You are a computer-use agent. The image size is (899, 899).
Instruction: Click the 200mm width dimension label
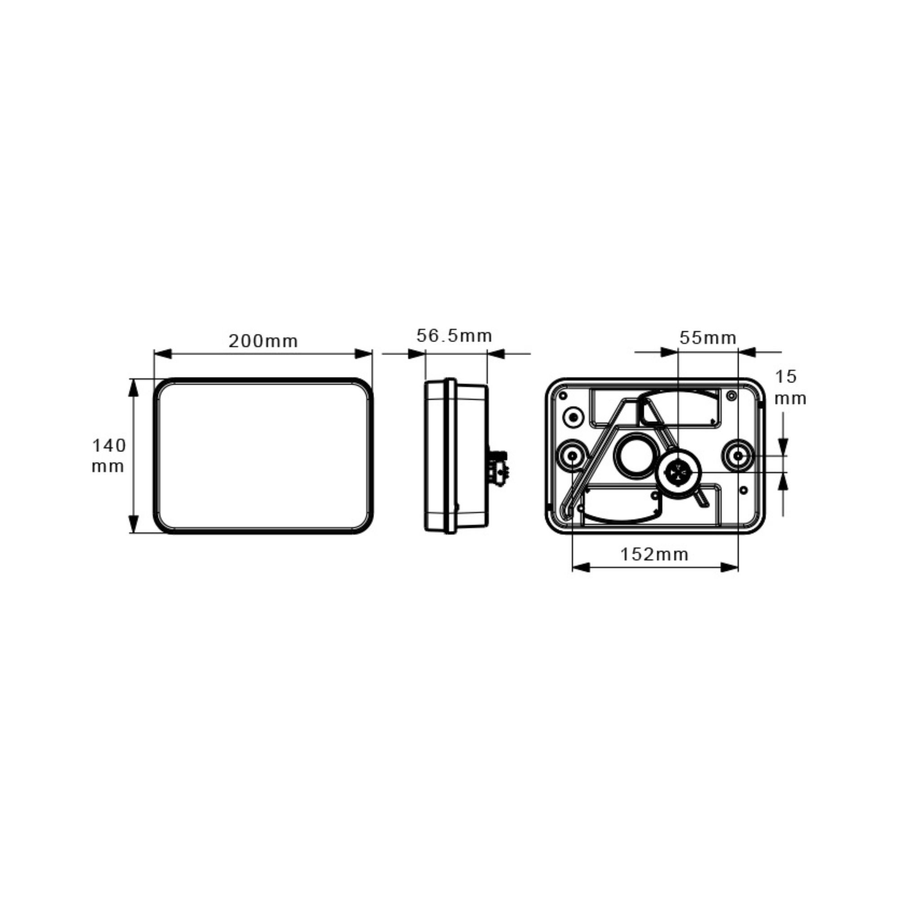[263, 341]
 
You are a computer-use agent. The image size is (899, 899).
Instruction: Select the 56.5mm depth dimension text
[454, 335]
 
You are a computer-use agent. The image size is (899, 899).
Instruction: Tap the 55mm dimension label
[708, 338]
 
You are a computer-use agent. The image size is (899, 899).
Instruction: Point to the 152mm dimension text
[654, 554]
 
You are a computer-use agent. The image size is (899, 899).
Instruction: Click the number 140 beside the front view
[109, 446]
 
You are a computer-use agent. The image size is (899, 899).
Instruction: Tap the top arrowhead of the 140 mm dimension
[134, 387]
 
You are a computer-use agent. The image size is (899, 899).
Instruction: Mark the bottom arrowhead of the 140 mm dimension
[134, 524]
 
